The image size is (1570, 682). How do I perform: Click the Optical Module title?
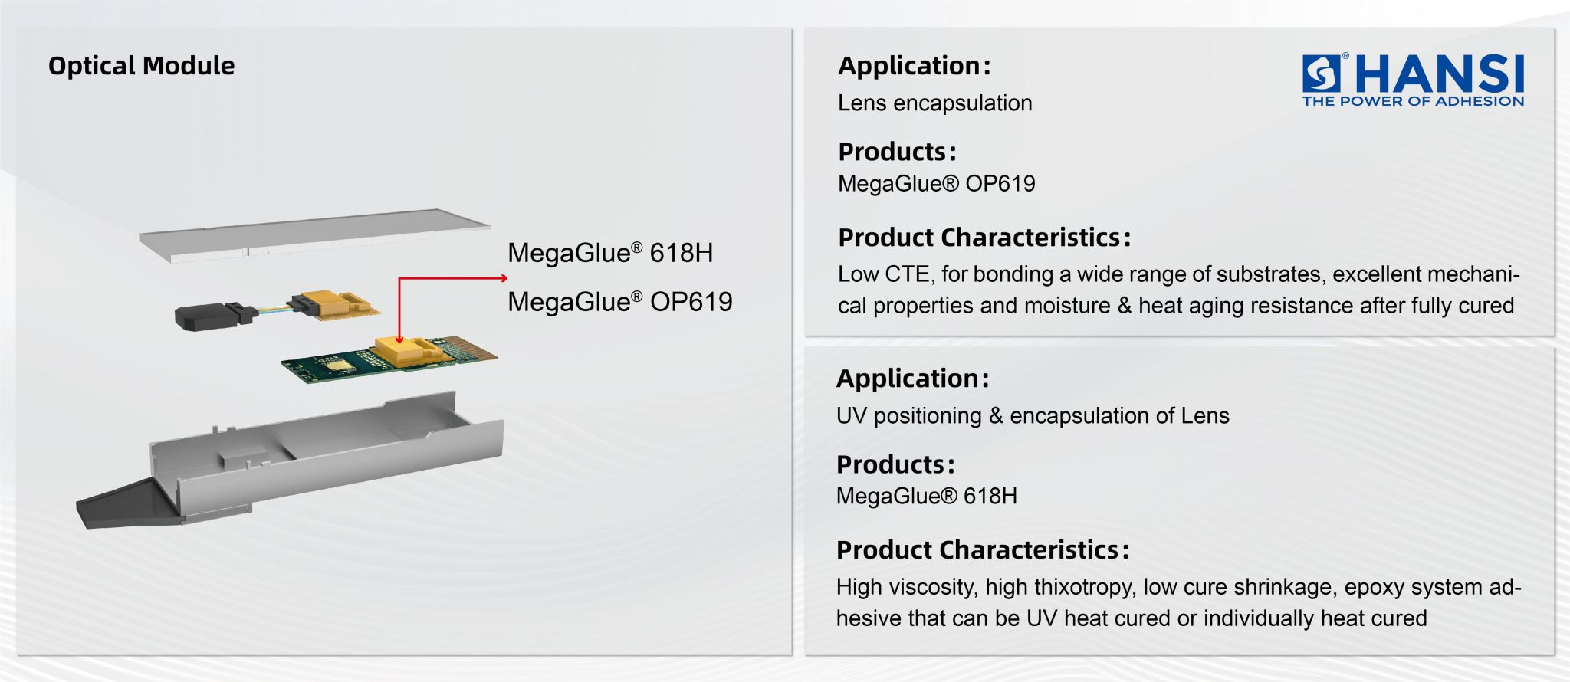click(x=141, y=66)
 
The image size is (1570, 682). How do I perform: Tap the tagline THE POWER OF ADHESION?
click(x=1413, y=101)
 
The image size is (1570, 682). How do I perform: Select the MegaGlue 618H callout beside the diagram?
click(x=610, y=253)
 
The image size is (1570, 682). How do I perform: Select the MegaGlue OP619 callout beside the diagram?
click(x=619, y=302)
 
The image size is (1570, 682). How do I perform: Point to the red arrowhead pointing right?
click(x=503, y=278)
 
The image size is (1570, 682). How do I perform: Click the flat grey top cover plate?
click(x=314, y=234)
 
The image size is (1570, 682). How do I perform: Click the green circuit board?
click(x=337, y=364)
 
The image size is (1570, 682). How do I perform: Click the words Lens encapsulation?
click(x=934, y=103)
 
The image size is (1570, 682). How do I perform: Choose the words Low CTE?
click(x=883, y=274)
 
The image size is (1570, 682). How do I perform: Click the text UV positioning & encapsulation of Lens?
click(x=1033, y=415)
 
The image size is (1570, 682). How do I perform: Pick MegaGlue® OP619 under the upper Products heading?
click(x=936, y=184)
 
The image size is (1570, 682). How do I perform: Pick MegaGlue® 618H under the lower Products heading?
click(x=926, y=496)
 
